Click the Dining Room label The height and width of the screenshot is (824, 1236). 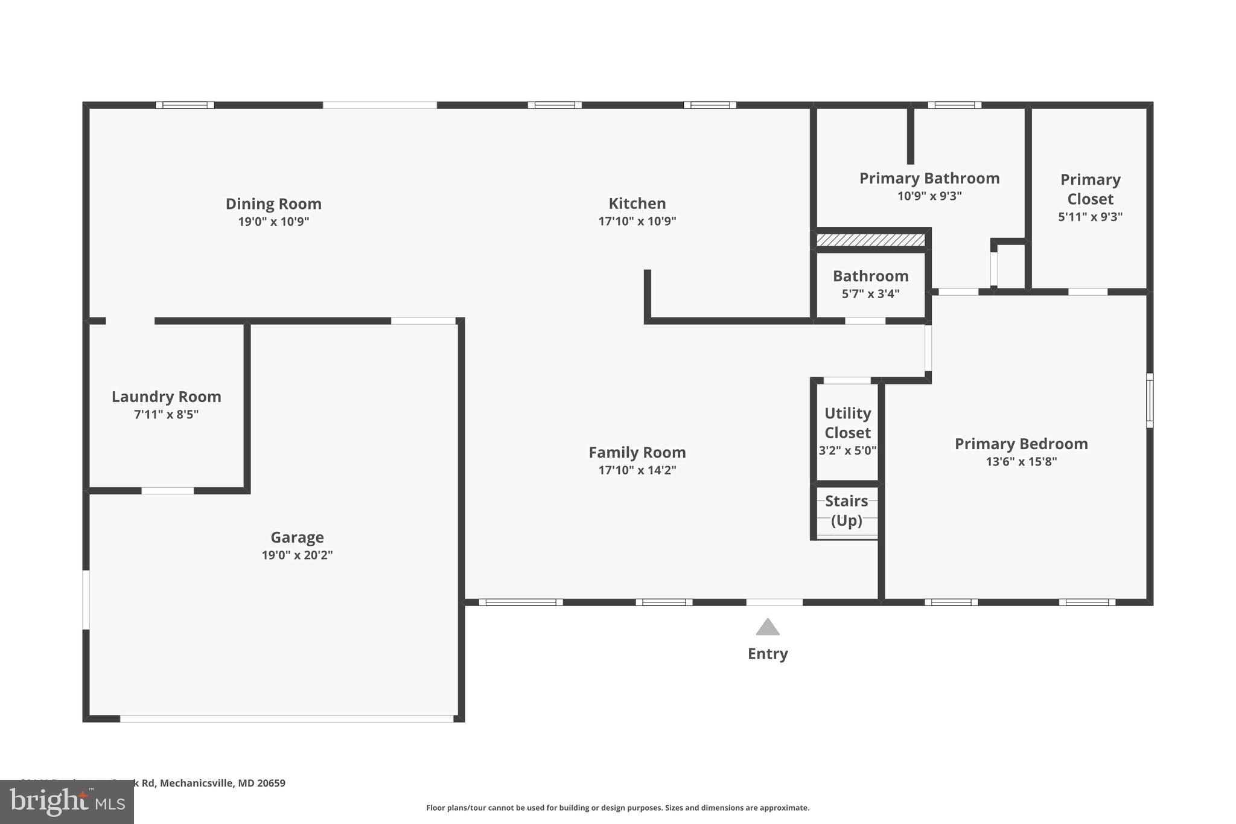[x=273, y=204]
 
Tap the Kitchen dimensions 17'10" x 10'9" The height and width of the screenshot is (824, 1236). [x=637, y=222]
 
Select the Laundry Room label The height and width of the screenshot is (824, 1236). [x=166, y=397]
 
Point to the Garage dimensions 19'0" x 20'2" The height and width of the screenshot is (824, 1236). [x=297, y=555]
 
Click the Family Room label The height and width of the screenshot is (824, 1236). [x=637, y=453]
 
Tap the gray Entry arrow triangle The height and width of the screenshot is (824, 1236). [x=768, y=628]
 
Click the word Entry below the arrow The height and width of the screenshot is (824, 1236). [x=768, y=654]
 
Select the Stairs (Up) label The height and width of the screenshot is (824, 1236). [x=846, y=511]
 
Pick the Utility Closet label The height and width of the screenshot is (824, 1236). [x=847, y=423]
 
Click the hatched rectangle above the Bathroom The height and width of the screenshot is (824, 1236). [x=870, y=240]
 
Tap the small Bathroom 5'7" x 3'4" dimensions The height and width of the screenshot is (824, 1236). [x=870, y=294]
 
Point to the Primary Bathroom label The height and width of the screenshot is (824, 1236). [x=929, y=179]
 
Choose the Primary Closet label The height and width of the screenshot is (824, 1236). [x=1090, y=189]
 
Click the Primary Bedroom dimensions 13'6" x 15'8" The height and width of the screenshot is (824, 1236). [x=1021, y=462]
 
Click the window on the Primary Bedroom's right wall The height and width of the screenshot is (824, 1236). [x=1150, y=400]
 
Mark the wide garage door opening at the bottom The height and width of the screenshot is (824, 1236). [x=287, y=719]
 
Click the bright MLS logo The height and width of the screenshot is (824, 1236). [x=66, y=802]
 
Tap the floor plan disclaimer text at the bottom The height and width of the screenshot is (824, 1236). [x=617, y=808]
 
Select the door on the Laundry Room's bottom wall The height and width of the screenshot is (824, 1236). [x=168, y=491]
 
